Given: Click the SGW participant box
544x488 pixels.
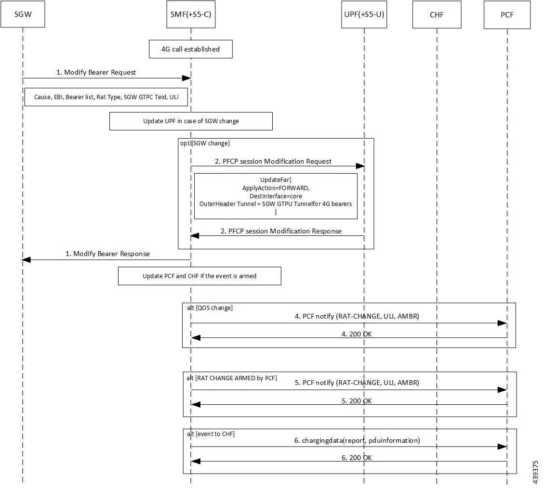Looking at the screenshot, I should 23,14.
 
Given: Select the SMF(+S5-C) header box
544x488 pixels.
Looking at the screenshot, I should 191,14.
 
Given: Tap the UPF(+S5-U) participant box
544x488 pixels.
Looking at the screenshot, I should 364,14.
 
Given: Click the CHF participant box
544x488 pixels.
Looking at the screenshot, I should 437,14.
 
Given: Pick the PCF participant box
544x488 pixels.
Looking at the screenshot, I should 507,14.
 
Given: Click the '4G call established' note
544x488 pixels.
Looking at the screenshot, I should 191,49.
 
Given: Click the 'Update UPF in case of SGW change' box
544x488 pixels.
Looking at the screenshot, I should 191,121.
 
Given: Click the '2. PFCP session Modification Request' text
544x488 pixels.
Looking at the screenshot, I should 273,161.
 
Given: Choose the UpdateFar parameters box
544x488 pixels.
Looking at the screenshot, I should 276,196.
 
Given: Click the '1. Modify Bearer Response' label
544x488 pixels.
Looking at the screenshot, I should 107,254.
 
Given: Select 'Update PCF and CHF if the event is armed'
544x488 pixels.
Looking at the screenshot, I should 199,276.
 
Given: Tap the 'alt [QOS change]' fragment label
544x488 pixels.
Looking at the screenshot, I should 210,308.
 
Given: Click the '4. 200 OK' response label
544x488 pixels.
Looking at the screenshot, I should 357,334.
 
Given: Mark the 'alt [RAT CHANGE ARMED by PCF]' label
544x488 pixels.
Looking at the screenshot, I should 232,378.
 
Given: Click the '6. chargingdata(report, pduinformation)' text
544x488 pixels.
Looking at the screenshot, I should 357,440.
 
